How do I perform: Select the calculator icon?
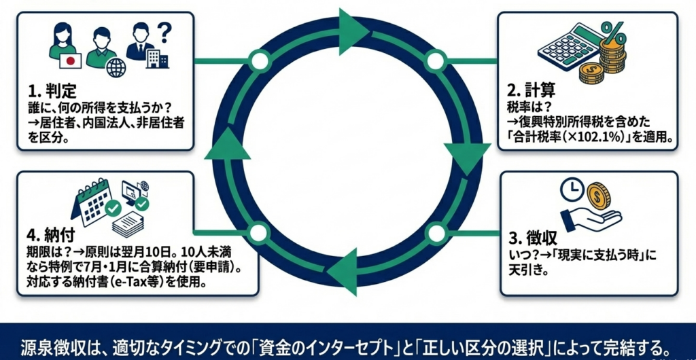pos(563,48)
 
